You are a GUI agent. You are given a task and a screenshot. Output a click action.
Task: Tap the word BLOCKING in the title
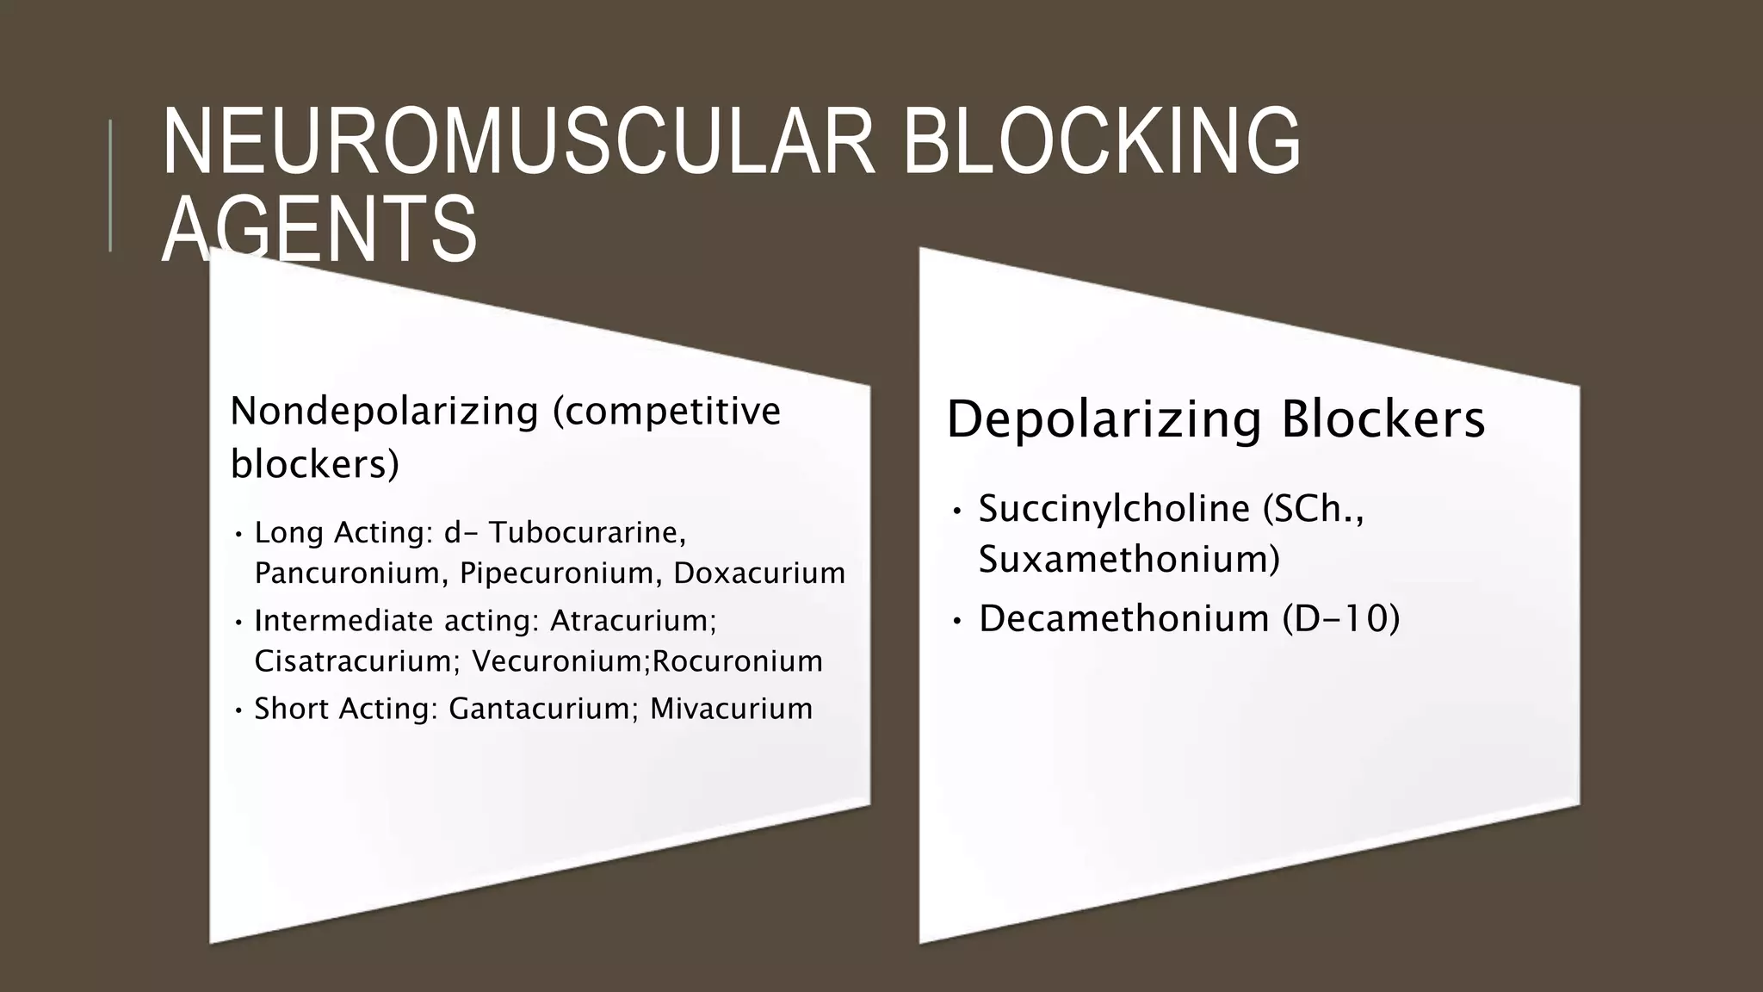(x=1101, y=142)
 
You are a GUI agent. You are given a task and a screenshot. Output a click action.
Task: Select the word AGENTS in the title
(x=319, y=230)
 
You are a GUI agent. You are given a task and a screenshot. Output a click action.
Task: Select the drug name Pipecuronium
(x=560, y=573)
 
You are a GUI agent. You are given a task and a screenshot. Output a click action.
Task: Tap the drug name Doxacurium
(x=759, y=573)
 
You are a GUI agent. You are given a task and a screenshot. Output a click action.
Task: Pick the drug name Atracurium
(x=632, y=621)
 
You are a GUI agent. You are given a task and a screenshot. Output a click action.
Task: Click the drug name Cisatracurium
(x=353, y=661)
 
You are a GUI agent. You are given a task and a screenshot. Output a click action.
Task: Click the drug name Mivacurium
(x=731, y=709)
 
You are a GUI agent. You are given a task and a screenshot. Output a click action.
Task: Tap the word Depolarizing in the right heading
(x=1104, y=420)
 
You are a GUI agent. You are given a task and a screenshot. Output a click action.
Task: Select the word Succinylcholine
(x=1114, y=509)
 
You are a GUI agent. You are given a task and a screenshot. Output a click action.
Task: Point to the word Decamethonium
(x=1123, y=619)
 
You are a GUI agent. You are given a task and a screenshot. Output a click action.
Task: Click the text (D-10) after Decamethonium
(x=1340, y=619)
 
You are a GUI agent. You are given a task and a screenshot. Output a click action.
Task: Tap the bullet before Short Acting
(x=238, y=711)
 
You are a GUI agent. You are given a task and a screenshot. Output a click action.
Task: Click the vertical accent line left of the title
(x=110, y=185)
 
